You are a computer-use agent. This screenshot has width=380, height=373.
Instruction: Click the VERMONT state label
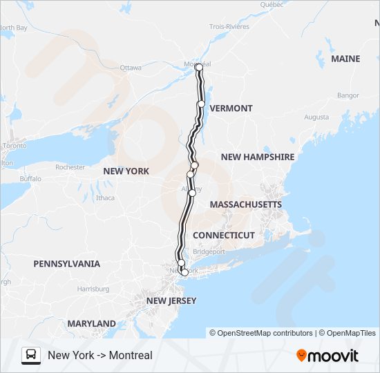coord(231,108)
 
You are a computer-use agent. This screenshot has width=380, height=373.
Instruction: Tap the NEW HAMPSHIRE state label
coord(258,157)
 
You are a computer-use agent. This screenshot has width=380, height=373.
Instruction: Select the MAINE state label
coord(345,59)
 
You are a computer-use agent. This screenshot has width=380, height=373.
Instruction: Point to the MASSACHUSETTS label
coord(246,205)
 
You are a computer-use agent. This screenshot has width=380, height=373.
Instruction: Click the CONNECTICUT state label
coord(224,236)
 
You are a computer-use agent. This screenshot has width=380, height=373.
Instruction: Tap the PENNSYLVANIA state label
coord(66,264)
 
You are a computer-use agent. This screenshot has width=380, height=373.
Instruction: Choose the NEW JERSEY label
coord(171,301)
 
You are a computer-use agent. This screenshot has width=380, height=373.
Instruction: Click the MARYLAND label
coord(91,324)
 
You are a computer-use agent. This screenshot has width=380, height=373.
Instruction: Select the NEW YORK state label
coord(126,171)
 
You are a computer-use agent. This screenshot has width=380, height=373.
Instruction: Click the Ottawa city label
coord(131,68)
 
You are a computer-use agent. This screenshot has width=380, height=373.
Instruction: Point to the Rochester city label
coord(70,167)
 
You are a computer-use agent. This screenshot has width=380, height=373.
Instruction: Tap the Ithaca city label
coord(106,198)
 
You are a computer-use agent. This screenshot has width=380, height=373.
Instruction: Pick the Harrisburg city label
coord(93,289)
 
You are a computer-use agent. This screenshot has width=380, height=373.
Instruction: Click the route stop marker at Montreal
coord(199,67)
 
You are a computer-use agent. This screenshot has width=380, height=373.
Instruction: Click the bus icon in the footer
coord(31,355)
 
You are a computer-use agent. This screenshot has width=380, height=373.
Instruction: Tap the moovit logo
coord(327,356)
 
